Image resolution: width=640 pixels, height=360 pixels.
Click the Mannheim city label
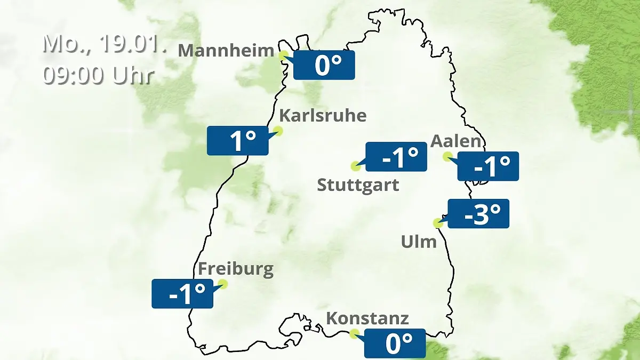pos(226,51)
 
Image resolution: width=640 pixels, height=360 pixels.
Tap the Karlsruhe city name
pos(323,115)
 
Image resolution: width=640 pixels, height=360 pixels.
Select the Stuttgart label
pos(358,186)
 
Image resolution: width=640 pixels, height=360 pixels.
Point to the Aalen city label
pos(455,141)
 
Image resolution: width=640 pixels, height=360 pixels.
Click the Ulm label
pos(419,242)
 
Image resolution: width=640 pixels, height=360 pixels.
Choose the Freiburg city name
pos(236,269)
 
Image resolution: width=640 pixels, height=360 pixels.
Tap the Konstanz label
pos(367,318)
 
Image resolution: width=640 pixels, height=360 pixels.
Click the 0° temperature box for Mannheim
pos(324,65)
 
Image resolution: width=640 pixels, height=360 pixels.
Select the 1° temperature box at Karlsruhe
pos(237,141)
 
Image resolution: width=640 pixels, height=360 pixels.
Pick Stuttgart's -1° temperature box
pos(396,157)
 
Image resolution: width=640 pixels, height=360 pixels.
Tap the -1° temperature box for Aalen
pos(488,166)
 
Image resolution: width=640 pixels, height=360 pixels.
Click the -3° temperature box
pos(478,213)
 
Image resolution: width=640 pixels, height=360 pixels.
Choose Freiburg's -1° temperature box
pos(182,293)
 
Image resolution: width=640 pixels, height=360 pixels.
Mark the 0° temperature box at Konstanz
pos(395,343)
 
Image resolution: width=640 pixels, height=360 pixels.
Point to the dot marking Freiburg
pos(223,284)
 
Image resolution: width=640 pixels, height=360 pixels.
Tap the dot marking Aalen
pos(447,156)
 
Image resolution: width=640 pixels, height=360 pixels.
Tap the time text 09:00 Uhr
pos(98,75)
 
